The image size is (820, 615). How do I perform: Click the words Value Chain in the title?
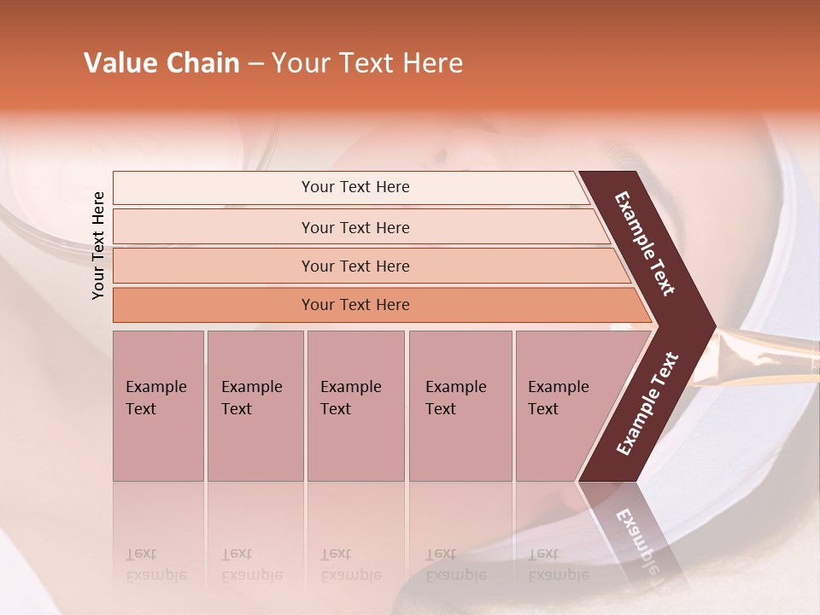click(161, 63)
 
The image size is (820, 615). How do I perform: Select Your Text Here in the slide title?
click(367, 63)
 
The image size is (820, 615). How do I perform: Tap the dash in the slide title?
click(255, 64)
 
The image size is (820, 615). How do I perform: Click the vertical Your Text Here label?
click(98, 245)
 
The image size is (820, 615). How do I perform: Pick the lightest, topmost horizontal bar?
click(354, 187)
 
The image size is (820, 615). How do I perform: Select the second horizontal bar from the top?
click(355, 227)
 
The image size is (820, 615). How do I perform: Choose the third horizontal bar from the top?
click(355, 266)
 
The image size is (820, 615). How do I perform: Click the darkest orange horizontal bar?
click(355, 305)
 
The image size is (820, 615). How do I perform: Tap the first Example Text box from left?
click(158, 406)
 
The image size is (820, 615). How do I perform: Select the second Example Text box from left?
click(255, 406)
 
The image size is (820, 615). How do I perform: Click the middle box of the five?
click(355, 406)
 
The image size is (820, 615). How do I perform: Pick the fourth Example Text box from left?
click(460, 406)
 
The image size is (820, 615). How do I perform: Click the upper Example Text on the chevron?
click(646, 243)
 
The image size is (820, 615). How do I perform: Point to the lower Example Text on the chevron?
click(647, 403)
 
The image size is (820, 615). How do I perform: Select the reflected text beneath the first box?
click(156, 565)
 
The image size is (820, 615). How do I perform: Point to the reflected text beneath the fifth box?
click(559, 565)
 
